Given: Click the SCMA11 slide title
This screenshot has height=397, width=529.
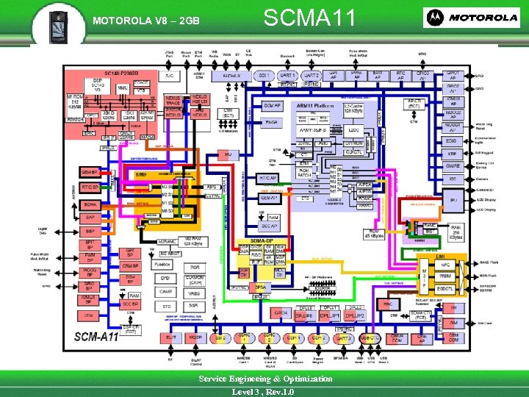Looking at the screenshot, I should coord(309,17).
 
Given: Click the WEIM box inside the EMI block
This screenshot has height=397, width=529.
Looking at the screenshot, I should coord(445,275).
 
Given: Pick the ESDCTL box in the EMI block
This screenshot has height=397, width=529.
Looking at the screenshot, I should coord(445,288).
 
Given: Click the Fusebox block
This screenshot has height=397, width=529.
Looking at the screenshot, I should coord(163,265).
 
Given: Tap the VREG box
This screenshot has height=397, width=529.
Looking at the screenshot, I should coord(195,292).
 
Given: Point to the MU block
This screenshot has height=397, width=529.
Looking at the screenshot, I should coord(228,154).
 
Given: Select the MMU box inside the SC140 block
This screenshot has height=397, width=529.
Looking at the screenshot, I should coord(123,88).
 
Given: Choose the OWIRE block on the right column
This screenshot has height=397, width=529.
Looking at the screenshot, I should coord(453,166).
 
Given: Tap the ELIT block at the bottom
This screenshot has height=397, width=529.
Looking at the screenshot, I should coord(171,337).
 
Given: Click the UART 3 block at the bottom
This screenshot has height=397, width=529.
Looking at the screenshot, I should coord(342,337).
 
